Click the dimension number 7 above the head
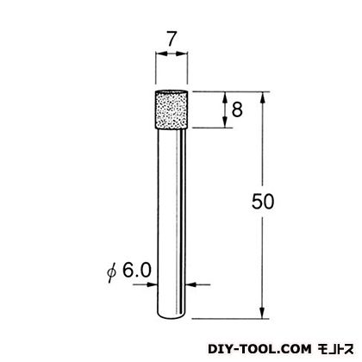[172, 39]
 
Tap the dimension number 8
[237, 109]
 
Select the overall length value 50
[263, 202]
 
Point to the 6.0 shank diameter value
[137, 271]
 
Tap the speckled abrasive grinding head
[172, 110]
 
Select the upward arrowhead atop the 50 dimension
[262, 97]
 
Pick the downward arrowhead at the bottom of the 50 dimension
[262, 313]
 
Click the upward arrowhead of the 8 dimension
[225, 97]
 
